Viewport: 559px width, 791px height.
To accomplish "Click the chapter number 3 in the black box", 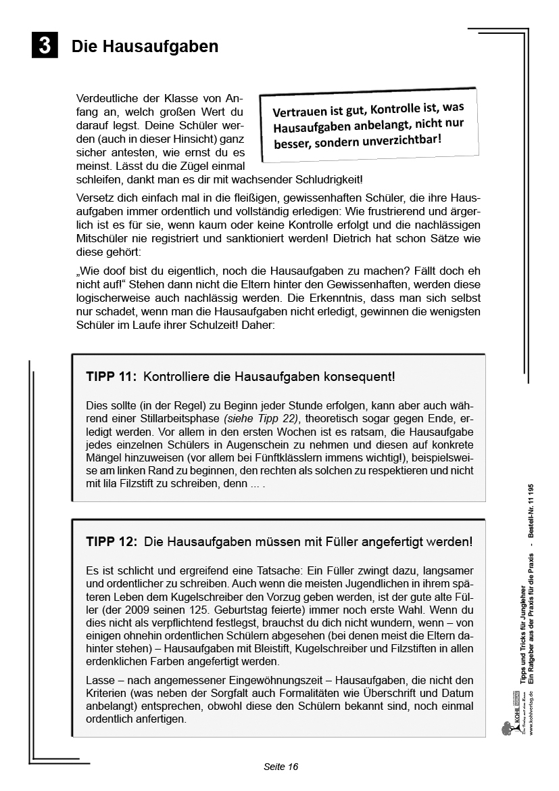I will (x=45, y=45).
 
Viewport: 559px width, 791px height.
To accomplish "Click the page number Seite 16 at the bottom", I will (x=281, y=767).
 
